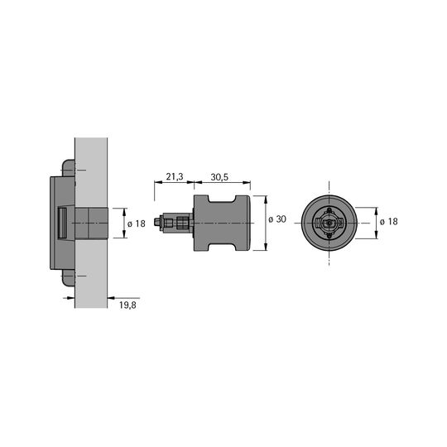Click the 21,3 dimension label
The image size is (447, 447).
(x=175, y=177)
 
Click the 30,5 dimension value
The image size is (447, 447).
(x=219, y=177)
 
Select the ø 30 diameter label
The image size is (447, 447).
(x=277, y=219)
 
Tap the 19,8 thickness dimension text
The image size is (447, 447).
(x=127, y=305)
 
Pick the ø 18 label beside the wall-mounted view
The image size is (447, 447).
(x=137, y=223)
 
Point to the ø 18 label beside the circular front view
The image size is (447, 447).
(x=388, y=222)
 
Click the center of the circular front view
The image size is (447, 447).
(x=329, y=223)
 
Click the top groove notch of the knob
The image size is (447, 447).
(x=222, y=199)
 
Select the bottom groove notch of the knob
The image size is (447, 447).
(x=222, y=248)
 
